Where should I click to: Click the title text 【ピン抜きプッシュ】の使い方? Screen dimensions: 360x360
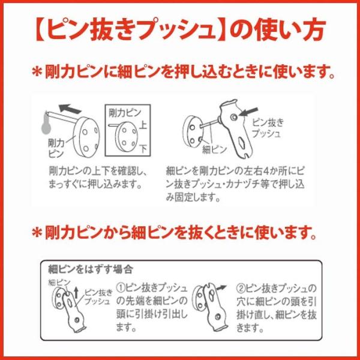coord(181,29)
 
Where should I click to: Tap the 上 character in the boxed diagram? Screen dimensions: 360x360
coord(143,126)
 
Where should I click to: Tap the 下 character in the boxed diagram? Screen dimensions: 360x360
coord(143,148)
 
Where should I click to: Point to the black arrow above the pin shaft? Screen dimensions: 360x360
coord(70,109)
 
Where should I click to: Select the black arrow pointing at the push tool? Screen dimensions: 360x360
coord(248,112)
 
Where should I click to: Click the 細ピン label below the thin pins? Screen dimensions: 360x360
coord(214,149)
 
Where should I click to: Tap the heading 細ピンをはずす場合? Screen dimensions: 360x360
coord(91,269)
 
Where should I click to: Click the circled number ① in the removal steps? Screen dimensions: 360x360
coord(121,288)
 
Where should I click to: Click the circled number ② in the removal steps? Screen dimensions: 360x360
coord(241,288)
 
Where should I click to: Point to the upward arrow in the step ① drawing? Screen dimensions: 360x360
coord(76,293)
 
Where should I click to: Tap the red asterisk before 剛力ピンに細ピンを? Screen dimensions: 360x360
coord(37,72)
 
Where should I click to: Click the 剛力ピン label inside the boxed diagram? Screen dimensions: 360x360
coord(124,113)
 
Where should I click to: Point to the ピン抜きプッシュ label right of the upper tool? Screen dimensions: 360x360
coord(268,128)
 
